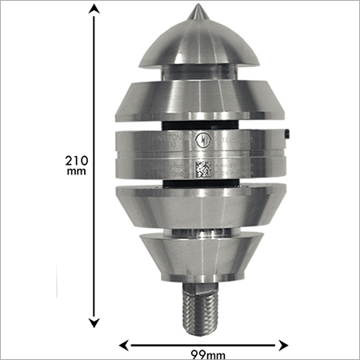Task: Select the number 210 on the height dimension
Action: [x=77, y=161]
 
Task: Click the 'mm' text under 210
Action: [x=77, y=173]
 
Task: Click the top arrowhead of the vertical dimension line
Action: [x=95, y=9]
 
